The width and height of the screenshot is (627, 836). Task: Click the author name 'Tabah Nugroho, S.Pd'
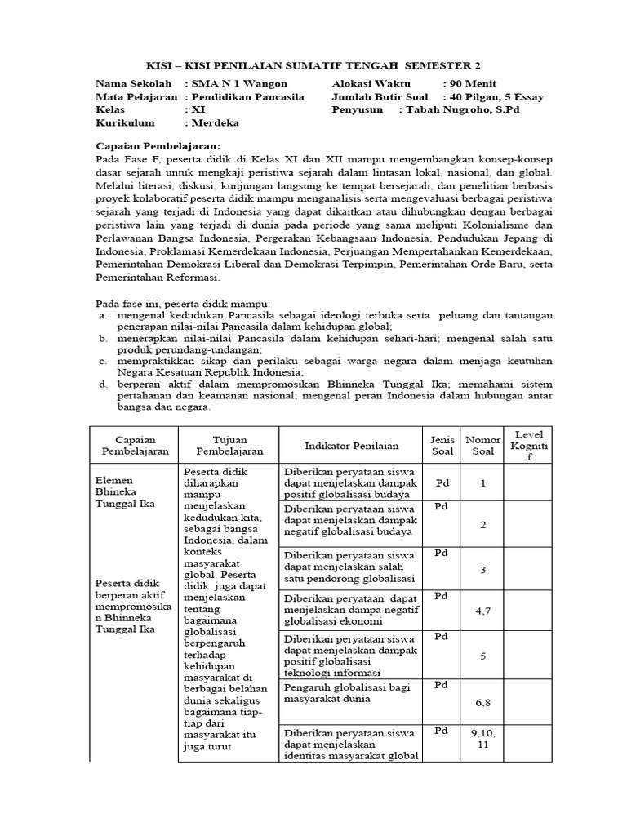coord(463,109)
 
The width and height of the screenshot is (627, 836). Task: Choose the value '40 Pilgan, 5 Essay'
coord(494,96)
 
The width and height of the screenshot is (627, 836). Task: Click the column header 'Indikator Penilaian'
coord(351,446)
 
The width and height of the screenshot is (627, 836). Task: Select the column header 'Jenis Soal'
coord(442,446)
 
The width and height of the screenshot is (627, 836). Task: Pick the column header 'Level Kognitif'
coord(528,445)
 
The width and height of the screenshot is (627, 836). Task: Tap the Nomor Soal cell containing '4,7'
coord(482,610)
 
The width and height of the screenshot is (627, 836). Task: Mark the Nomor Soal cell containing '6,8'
coord(482,701)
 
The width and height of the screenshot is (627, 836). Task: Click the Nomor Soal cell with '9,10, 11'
coord(482,739)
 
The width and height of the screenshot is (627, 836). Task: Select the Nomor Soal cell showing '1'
coord(482,482)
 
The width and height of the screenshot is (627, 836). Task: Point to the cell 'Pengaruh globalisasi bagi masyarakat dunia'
coord(348,693)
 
